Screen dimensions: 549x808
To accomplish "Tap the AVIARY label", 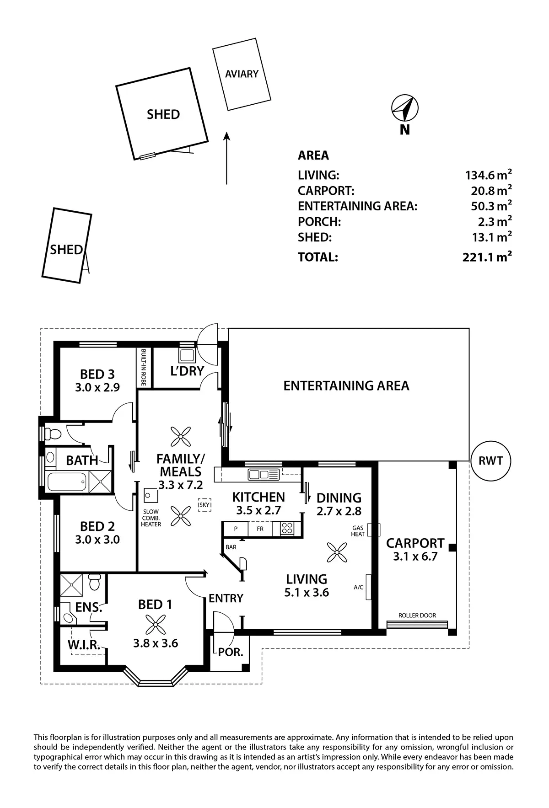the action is point(242,74).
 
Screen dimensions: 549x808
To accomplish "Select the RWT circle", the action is point(490,461).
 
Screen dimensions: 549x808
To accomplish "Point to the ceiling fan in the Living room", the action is point(337,552).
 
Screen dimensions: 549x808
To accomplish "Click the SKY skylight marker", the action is point(205,504).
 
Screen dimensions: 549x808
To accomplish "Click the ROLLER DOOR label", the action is point(417,615).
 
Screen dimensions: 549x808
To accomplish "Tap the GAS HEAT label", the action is point(358,530).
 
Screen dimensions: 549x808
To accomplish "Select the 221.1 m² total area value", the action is point(487,257).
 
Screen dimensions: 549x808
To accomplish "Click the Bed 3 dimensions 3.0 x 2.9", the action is point(97,387).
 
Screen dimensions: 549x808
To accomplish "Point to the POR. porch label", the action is point(231,652).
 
